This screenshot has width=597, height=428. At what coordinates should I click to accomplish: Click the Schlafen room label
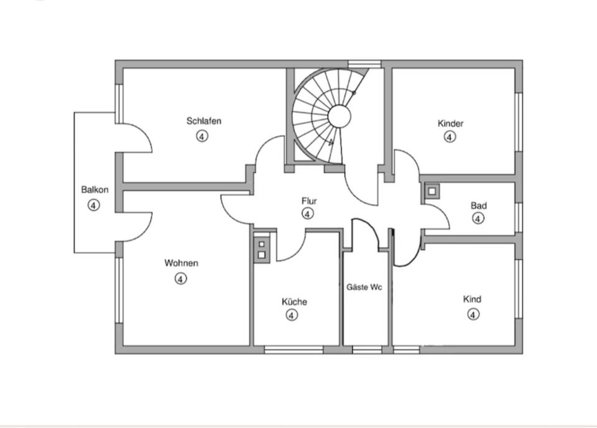pos(203,121)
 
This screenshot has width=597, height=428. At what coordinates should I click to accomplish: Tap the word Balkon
pos(95,190)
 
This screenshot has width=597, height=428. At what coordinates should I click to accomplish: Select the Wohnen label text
pos(181,263)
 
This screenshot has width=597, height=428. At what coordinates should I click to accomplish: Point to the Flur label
pos(309,201)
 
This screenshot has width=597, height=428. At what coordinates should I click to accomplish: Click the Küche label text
pos(294,302)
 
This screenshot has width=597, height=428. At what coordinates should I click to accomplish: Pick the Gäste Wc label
pos(364,287)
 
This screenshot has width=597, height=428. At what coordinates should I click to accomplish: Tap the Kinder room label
pos(450,123)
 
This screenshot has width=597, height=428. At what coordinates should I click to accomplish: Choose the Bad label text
pos(478,205)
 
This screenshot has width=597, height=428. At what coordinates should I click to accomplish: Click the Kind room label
pos(472,299)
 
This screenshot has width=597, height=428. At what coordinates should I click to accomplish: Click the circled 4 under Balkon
pos(93,205)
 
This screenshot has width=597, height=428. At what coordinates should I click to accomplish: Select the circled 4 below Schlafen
pos(202,136)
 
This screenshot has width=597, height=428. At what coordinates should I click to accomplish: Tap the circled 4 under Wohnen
pos(180,279)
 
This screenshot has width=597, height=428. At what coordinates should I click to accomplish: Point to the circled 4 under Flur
pos(307,214)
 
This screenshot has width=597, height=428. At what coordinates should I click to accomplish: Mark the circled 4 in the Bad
pos(478,218)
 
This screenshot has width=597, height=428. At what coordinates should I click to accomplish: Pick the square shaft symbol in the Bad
pos(431,190)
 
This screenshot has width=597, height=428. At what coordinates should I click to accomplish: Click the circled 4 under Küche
pos(292,315)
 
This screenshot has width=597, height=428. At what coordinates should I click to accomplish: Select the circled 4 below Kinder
pos(450,137)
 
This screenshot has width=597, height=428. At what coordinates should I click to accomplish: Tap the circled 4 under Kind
pos(473,314)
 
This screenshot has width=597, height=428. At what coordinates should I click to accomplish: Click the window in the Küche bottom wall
pos(293,350)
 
